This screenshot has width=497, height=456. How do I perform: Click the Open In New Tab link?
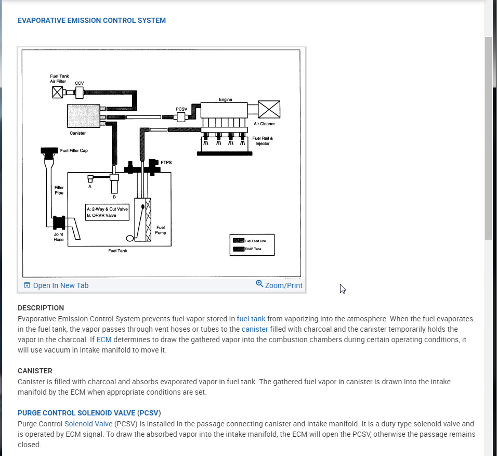point(56,285)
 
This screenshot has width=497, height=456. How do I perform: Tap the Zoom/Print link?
point(279,285)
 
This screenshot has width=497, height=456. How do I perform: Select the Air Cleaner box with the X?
point(269,109)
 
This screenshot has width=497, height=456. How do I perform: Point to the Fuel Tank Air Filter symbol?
point(58,93)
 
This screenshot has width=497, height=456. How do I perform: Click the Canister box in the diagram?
point(83,115)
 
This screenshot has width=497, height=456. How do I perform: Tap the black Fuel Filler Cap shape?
point(50,152)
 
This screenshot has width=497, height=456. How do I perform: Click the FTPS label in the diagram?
point(166,163)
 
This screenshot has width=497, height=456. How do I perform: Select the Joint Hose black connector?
point(59,223)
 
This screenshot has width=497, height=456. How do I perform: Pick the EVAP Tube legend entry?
point(252,249)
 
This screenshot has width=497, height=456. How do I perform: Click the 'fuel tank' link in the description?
point(251,319)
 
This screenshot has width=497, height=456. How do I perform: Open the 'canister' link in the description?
point(255,329)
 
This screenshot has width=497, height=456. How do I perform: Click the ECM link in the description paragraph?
point(104,340)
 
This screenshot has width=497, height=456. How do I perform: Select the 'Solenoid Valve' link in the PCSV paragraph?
point(88,424)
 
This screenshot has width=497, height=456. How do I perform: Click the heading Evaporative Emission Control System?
point(91,21)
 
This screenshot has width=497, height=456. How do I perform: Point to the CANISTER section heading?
point(35,371)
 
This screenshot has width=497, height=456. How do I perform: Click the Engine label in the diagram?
point(226,99)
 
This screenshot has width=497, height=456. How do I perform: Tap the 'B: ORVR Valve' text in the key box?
point(101,215)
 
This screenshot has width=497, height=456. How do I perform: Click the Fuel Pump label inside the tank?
point(161,230)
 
